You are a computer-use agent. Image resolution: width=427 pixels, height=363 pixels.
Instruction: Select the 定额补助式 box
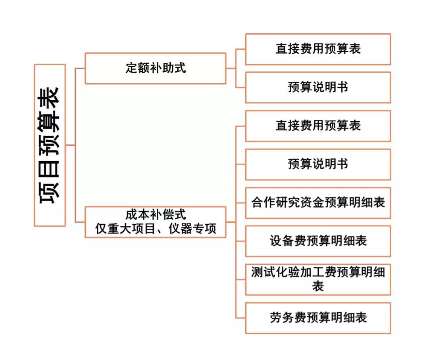tap(156, 68)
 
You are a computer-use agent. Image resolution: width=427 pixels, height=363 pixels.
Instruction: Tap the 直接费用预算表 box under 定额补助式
tap(318, 49)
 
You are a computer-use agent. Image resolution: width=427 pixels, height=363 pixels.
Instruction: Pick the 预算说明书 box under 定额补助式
tap(318, 88)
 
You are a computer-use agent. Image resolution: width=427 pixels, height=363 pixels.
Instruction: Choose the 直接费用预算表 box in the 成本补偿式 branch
tap(318, 126)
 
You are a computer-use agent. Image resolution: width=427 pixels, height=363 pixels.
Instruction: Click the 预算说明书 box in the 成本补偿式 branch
tap(318, 164)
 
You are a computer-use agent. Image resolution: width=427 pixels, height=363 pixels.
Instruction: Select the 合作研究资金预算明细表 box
tap(318, 203)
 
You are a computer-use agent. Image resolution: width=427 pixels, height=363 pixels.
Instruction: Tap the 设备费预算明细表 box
tap(318, 241)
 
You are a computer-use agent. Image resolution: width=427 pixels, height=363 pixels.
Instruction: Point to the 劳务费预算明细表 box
tap(318, 318)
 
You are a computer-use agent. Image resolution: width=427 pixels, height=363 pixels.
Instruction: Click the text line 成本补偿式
tap(156, 215)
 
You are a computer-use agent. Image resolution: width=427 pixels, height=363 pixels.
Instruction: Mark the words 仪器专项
tap(192, 229)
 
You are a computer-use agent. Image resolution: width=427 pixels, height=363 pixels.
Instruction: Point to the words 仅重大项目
tap(125, 229)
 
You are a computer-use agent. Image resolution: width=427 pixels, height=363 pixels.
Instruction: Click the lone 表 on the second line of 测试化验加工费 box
tap(318, 286)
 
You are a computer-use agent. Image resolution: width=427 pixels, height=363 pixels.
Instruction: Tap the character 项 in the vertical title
tap(50, 193)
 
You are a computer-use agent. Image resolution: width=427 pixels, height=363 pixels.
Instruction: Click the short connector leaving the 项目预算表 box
tap(71, 145)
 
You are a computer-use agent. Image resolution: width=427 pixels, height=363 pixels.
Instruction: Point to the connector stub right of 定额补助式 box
tap(231, 68)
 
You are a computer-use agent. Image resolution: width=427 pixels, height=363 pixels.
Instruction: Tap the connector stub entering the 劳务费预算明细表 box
tap(241, 318)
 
